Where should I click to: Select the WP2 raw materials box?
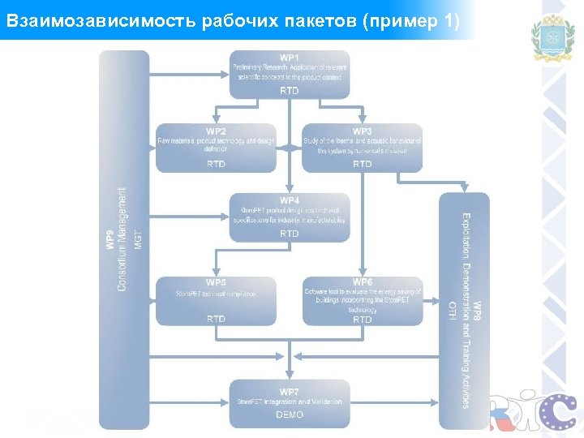coord(216,148)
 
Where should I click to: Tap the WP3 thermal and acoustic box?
coord(362,148)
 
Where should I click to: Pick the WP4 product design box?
coord(290,217)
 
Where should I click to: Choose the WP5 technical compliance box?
coord(216,301)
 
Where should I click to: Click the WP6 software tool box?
coord(362,301)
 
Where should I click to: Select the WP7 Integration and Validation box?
coord(290,403)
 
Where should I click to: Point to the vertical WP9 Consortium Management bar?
coord(124,239)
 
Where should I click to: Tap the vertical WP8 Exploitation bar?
coord(465,311)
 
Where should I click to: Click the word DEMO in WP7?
coord(290,415)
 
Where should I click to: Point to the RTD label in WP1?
coord(290,91)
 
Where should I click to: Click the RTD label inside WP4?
coord(290,234)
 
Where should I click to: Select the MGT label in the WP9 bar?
coord(138,239)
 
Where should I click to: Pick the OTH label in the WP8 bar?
coord(452,311)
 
